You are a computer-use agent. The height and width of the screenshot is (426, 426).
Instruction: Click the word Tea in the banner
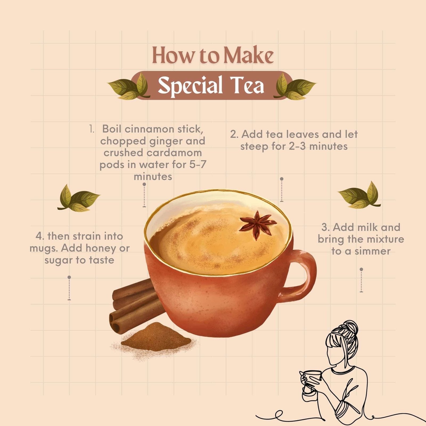click(248, 85)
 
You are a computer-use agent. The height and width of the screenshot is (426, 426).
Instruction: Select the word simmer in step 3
click(373, 251)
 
